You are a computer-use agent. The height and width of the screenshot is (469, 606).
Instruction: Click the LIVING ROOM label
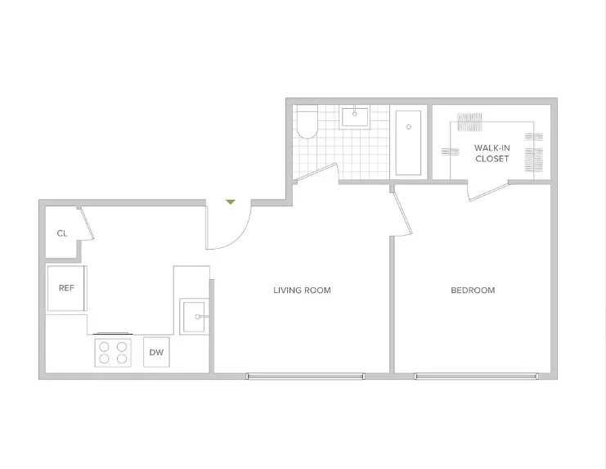[x=302, y=291]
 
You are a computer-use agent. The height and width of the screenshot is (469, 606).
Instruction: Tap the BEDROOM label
[x=473, y=291]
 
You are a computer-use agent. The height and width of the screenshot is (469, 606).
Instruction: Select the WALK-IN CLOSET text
[x=492, y=153]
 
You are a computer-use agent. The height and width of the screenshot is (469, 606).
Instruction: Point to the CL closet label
[x=61, y=233]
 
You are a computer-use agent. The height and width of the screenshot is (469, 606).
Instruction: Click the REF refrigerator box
[x=66, y=288]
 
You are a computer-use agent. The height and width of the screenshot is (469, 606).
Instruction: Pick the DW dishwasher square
[x=156, y=353]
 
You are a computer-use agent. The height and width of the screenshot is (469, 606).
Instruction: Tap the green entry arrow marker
[x=231, y=201]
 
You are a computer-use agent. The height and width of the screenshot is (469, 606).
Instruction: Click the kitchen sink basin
[x=193, y=316]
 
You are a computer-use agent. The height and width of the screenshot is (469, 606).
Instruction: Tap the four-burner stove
[x=113, y=353]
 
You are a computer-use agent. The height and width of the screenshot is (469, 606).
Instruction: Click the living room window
[x=305, y=377]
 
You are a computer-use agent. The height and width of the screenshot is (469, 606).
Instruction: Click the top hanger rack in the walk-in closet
[x=470, y=123]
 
